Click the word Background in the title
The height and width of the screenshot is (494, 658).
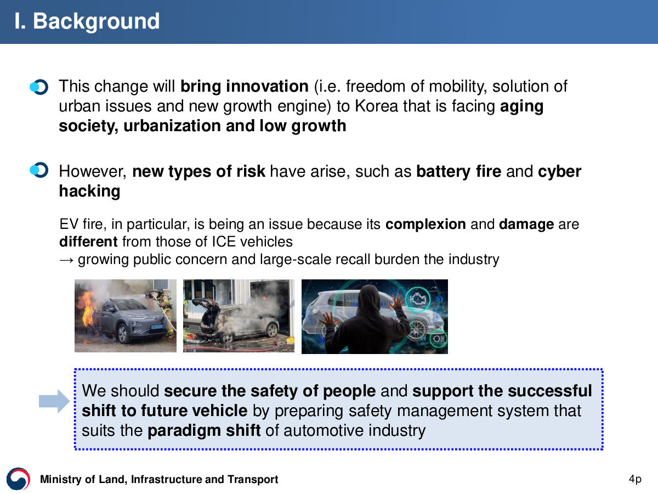coord(96,21)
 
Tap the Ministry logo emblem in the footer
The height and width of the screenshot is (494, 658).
coord(18,479)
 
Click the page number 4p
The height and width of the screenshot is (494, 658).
coord(635,479)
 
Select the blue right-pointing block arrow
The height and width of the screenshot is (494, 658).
coord(54,401)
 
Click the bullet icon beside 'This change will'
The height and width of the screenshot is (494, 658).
coord(39,87)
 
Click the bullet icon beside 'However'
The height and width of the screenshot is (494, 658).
coord(39,170)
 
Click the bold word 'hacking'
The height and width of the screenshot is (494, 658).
coord(89,191)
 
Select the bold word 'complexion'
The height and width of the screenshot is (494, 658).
coord(426,224)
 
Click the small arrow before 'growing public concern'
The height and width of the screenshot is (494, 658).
coord(66,260)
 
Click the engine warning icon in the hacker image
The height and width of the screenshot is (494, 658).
coord(418,299)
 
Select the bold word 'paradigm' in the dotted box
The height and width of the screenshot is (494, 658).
coord(184,431)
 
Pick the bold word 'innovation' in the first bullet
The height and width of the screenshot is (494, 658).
coord(268,86)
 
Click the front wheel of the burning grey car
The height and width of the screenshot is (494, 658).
coord(123,334)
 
